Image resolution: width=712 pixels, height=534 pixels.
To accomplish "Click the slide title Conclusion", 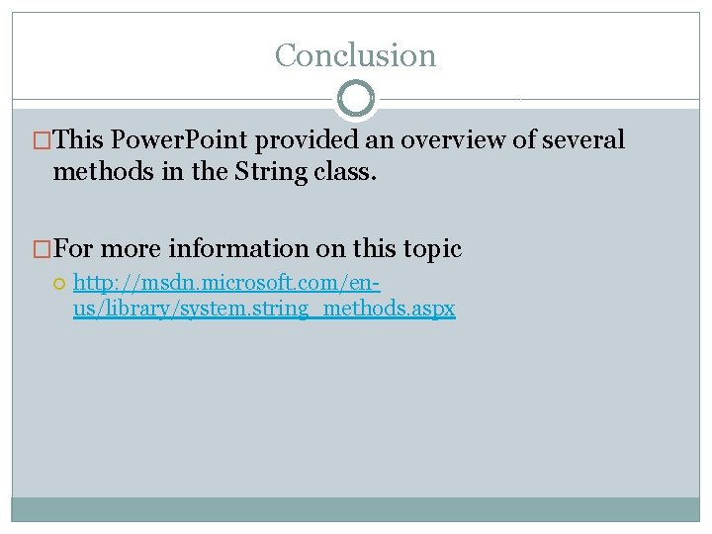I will point(355,55).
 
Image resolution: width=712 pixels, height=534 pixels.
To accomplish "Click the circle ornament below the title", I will point(355,99).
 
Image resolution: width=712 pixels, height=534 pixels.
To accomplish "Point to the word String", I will point(271,171).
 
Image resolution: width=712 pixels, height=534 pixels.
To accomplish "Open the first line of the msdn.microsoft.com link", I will point(227,284).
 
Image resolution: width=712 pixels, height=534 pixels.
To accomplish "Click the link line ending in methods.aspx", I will point(264,309).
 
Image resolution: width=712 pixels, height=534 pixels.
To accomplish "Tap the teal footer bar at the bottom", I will point(355,508).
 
